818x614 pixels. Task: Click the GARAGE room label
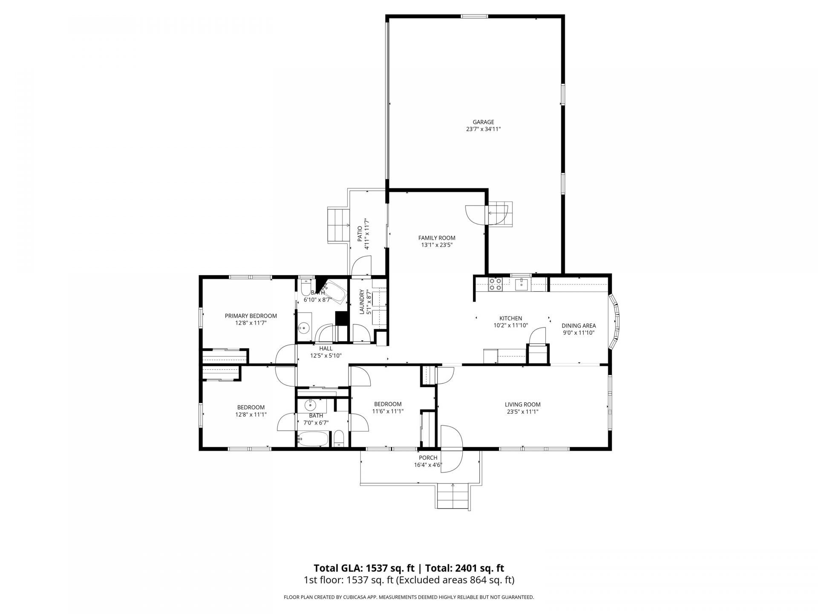click(x=483, y=122)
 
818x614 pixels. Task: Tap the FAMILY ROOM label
click(x=437, y=238)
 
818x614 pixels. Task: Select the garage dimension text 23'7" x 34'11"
click(x=483, y=129)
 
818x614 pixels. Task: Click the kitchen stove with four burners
click(x=495, y=284)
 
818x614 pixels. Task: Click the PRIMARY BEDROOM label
click(x=251, y=316)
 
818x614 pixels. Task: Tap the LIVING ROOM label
click(x=523, y=405)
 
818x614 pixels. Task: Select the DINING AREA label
click(x=579, y=326)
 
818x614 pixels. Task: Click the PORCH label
click(x=428, y=458)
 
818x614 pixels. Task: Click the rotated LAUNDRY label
click(x=362, y=302)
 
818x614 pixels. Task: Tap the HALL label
click(x=326, y=348)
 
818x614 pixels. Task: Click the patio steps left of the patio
click(x=338, y=225)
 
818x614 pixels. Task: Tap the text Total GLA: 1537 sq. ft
click(x=364, y=568)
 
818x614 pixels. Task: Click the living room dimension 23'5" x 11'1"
click(x=523, y=412)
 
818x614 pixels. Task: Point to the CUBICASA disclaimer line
click(x=409, y=597)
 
